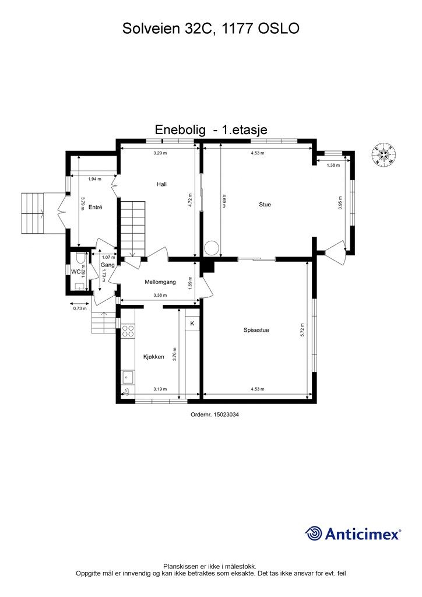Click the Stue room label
coord(265,205)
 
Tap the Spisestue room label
coord(256,331)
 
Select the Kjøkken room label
coord(153,357)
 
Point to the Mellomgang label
coord(160,282)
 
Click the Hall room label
coord(161,184)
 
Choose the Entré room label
coord(96,207)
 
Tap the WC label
coord(76,272)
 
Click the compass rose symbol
coord(384,153)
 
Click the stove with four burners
coord(128,332)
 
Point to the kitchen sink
coord(128,377)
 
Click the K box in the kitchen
coord(192,323)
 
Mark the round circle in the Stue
coord(212,247)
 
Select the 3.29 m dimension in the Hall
coord(160,153)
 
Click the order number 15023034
coord(215,415)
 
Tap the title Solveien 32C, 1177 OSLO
coord(211,28)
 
